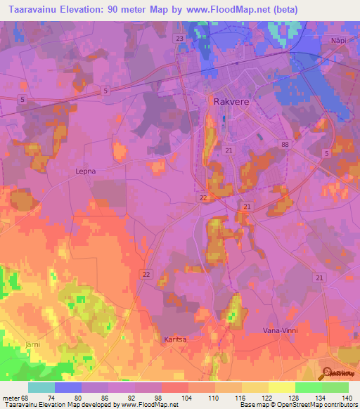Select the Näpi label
point(339,41)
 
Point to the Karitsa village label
point(175,339)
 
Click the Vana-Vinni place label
point(279,330)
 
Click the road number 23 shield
point(180,38)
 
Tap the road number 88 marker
point(284,145)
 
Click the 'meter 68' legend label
point(15,397)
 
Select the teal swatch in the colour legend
point(41,387)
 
